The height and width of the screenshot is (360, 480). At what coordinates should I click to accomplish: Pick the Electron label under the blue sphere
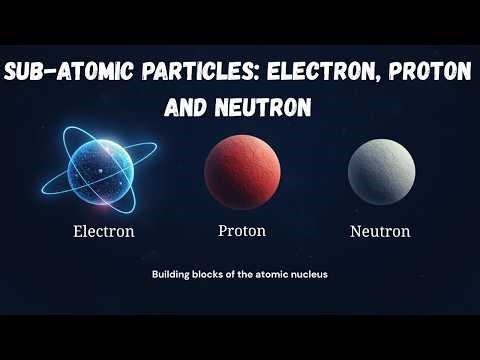[x=104, y=233]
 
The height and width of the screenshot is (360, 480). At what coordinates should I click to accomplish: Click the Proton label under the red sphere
[x=242, y=231]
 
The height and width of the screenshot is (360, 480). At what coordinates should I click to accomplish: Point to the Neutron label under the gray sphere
[x=381, y=233]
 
